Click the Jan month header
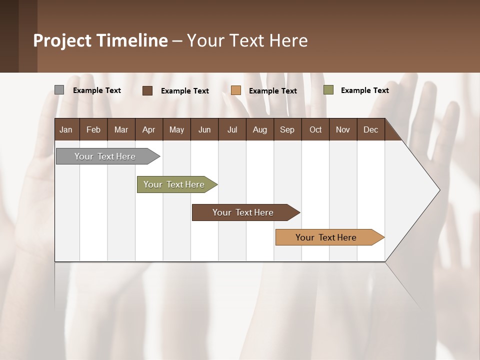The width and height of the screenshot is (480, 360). pos(66,129)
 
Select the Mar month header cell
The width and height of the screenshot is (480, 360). pos(121,129)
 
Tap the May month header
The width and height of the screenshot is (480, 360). pos(176,129)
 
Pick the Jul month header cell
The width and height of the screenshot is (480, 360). pos(232,129)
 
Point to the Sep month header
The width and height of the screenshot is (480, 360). pos(287,129)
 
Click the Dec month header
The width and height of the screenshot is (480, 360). pos(370,129)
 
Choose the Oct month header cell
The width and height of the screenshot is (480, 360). pos(315,129)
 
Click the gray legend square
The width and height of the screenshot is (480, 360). pos(59,90)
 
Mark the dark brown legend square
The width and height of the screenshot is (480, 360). pos(147,90)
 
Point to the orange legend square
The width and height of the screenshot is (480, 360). pos(236,90)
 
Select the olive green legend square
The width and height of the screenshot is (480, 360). pos(328,90)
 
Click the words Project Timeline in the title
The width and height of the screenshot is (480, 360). pos(100,40)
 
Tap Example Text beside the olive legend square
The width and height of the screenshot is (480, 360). pos(364,90)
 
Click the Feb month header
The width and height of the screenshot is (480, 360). pos(93,129)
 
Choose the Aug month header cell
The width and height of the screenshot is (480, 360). pos(259,129)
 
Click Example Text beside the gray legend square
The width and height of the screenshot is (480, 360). pos(97,90)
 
